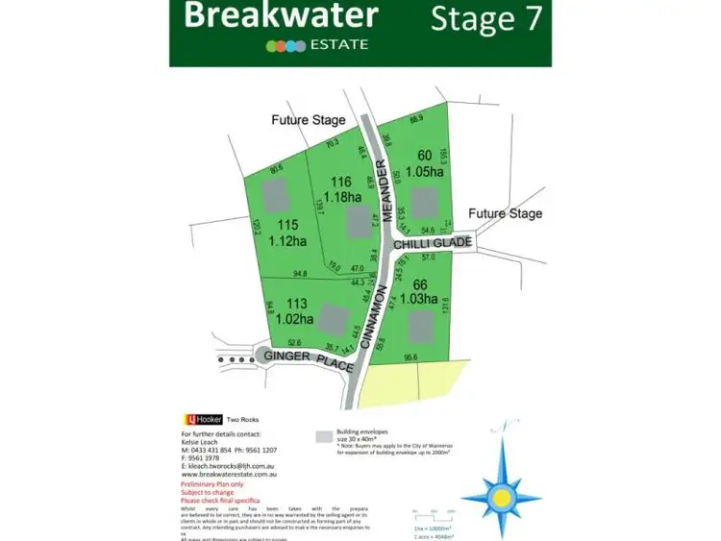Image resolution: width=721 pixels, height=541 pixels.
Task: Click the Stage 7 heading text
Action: [x=485, y=18]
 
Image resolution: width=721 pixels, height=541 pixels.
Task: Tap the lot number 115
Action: [x=285, y=225]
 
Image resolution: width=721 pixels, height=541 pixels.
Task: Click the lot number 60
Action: [x=424, y=156]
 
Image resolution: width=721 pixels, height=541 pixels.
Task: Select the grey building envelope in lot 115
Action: [x=276, y=196]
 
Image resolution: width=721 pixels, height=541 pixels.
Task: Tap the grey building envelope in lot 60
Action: [x=428, y=204]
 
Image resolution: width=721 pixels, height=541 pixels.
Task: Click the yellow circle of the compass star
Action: [x=501, y=495]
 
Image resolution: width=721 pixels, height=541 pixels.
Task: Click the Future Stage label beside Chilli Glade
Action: [x=505, y=213]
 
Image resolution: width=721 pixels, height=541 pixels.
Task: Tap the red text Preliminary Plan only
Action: [x=213, y=485]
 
